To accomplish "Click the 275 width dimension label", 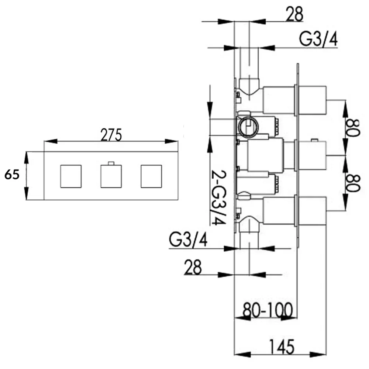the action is [x=111, y=135].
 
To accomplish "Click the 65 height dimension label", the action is [x=12, y=175].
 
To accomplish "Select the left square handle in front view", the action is [x=71, y=176].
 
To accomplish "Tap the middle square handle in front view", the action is [x=111, y=176].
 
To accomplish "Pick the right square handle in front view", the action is [x=151, y=176].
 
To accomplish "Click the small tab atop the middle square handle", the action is [x=111, y=163].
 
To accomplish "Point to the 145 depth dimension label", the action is [x=282, y=346].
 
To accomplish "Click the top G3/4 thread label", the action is [x=318, y=39].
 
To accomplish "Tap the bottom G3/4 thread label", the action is [x=188, y=240].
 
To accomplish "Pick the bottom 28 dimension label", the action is [x=193, y=267].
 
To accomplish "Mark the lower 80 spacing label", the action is [x=353, y=183].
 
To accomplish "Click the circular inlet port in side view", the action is [x=248, y=126].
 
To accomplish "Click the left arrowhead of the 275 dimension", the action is [x=51, y=141].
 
